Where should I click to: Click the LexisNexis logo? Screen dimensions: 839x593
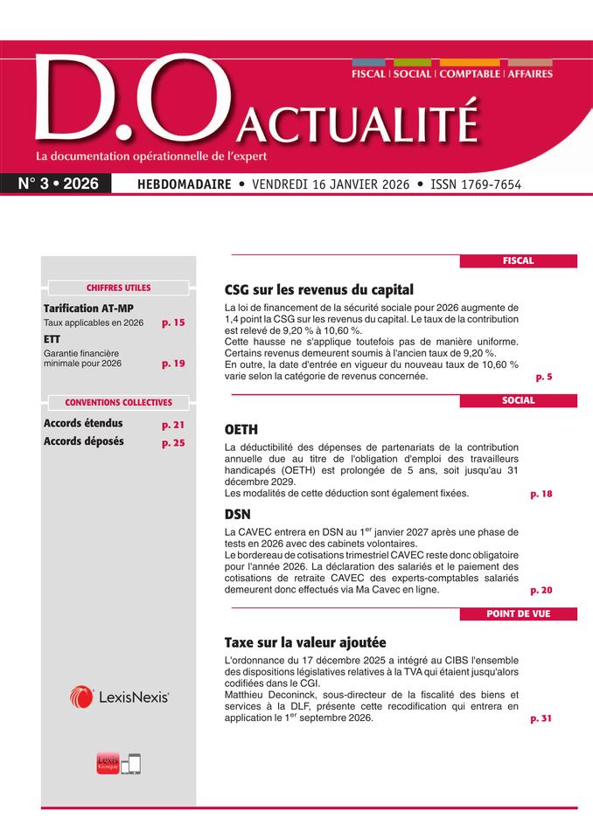pos(119,697)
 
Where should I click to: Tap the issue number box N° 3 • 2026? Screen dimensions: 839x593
pos(59,184)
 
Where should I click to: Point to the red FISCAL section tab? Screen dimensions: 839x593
pos(518,260)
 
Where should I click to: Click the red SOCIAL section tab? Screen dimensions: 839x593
pos(518,400)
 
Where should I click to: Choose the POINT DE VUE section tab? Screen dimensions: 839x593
pos(518,614)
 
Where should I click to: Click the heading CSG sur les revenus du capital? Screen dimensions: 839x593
pos(318,289)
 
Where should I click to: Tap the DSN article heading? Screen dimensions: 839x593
pos(238,514)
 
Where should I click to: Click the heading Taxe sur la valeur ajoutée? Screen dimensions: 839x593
pos(304,641)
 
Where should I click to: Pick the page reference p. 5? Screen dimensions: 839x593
pos(544,377)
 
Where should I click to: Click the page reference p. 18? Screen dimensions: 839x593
pos(541,494)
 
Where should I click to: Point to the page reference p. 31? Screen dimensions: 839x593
pos(541,718)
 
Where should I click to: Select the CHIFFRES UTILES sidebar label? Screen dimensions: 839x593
pos(118,288)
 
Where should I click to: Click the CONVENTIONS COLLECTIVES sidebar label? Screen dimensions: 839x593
pos(118,403)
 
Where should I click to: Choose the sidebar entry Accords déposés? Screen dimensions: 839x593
pos(84,441)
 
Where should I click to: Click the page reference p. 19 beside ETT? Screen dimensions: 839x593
pos(173,363)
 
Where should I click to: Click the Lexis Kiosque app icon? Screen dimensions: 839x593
pos(108,762)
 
